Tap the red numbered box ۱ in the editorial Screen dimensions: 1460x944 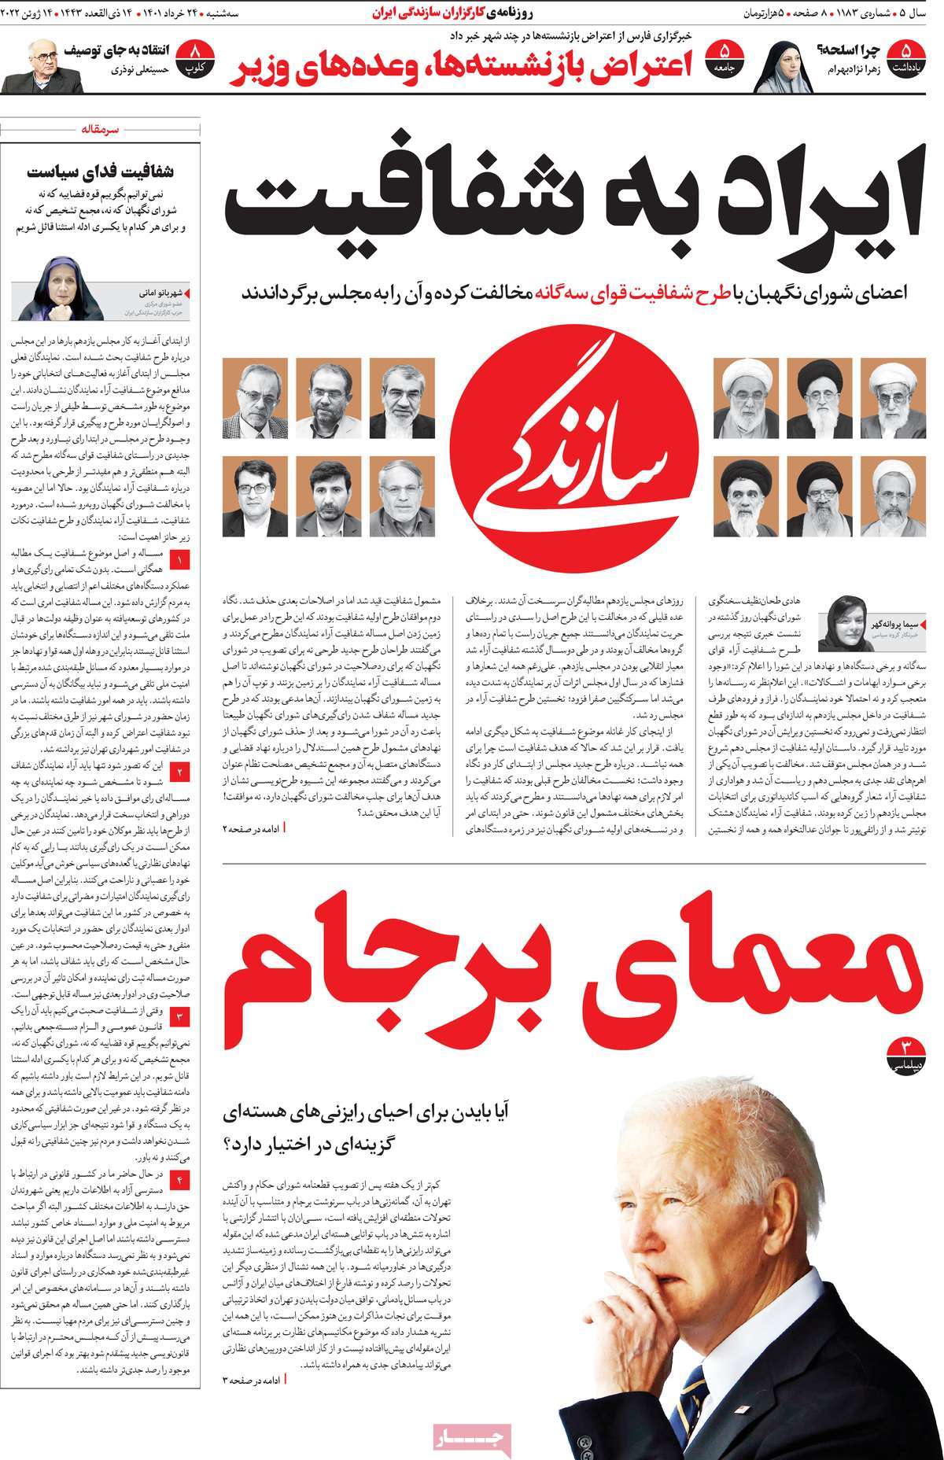coord(180,561)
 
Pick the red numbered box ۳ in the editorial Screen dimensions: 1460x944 coord(180,1016)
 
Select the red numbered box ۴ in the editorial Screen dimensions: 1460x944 coord(180,1180)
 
